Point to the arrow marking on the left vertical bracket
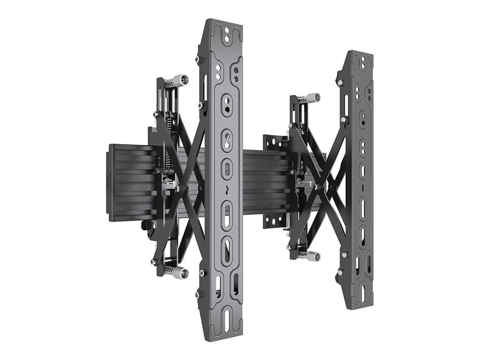click(226, 190)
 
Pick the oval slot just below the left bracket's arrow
click(227, 213)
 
